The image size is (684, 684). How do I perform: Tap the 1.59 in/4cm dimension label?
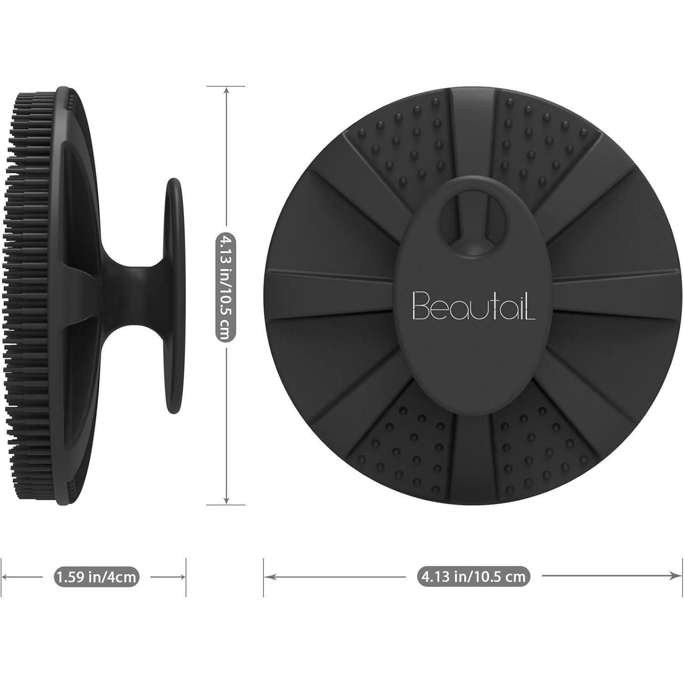(96, 577)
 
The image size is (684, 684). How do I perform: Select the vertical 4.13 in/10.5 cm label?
(226, 287)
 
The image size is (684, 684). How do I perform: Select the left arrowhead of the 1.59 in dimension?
(5, 577)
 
